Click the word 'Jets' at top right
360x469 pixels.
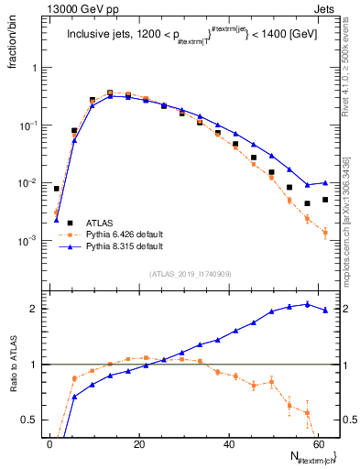(x=326, y=8)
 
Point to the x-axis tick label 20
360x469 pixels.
(x=139, y=444)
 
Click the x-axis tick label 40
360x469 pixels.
(x=229, y=444)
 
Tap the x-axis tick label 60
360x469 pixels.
(x=319, y=444)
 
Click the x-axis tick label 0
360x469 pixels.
(x=50, y=444)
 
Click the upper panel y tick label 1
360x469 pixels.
(x=33, y=68)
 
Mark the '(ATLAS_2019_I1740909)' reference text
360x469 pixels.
(x=190, y=274)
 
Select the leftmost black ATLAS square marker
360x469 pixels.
(x=57, y=189)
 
